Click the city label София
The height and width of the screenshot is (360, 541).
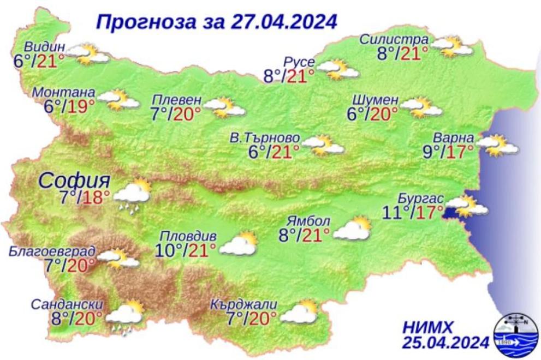(x=75, y=180)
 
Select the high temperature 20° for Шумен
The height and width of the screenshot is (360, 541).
(x=382, y=114)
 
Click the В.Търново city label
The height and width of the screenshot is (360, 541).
(x=264, y=139)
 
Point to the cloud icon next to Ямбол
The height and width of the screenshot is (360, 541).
(x=352, y=229)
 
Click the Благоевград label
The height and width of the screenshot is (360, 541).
(x=52, y=251)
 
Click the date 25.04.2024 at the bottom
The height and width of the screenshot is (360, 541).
(x=445, y=343)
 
